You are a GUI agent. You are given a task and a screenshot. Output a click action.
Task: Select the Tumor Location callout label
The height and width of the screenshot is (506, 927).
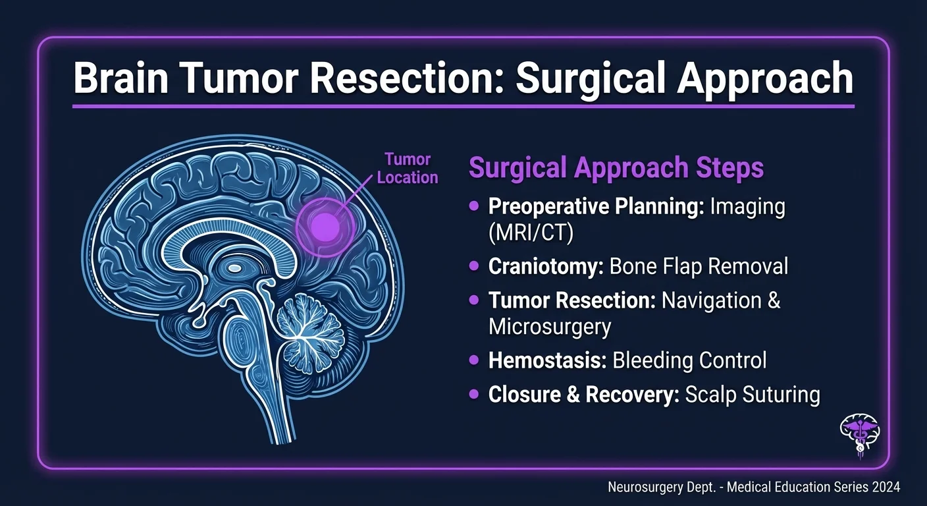[408, 168]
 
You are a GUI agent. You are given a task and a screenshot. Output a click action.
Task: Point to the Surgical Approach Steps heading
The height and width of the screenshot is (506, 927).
[616, 168]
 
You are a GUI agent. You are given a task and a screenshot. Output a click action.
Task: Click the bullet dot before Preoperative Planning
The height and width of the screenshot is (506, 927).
[473, 207]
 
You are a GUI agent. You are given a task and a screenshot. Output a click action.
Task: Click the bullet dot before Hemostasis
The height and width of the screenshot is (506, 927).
[473, 360]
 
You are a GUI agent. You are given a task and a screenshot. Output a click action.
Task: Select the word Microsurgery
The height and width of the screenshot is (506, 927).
[550, 326]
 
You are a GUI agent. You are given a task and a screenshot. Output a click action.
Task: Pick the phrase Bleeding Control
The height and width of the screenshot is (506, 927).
[689, 360]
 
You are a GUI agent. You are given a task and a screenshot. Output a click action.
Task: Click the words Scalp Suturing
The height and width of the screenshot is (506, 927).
[753, 394]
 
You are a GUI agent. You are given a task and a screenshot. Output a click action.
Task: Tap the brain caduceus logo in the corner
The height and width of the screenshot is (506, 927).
[861, 434]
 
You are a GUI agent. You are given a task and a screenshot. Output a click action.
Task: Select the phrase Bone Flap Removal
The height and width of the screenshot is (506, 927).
[699, 266]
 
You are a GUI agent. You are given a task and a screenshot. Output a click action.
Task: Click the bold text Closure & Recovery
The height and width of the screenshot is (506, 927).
[582, 394]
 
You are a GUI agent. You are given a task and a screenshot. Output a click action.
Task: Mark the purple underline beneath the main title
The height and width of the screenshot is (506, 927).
[463, 105]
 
